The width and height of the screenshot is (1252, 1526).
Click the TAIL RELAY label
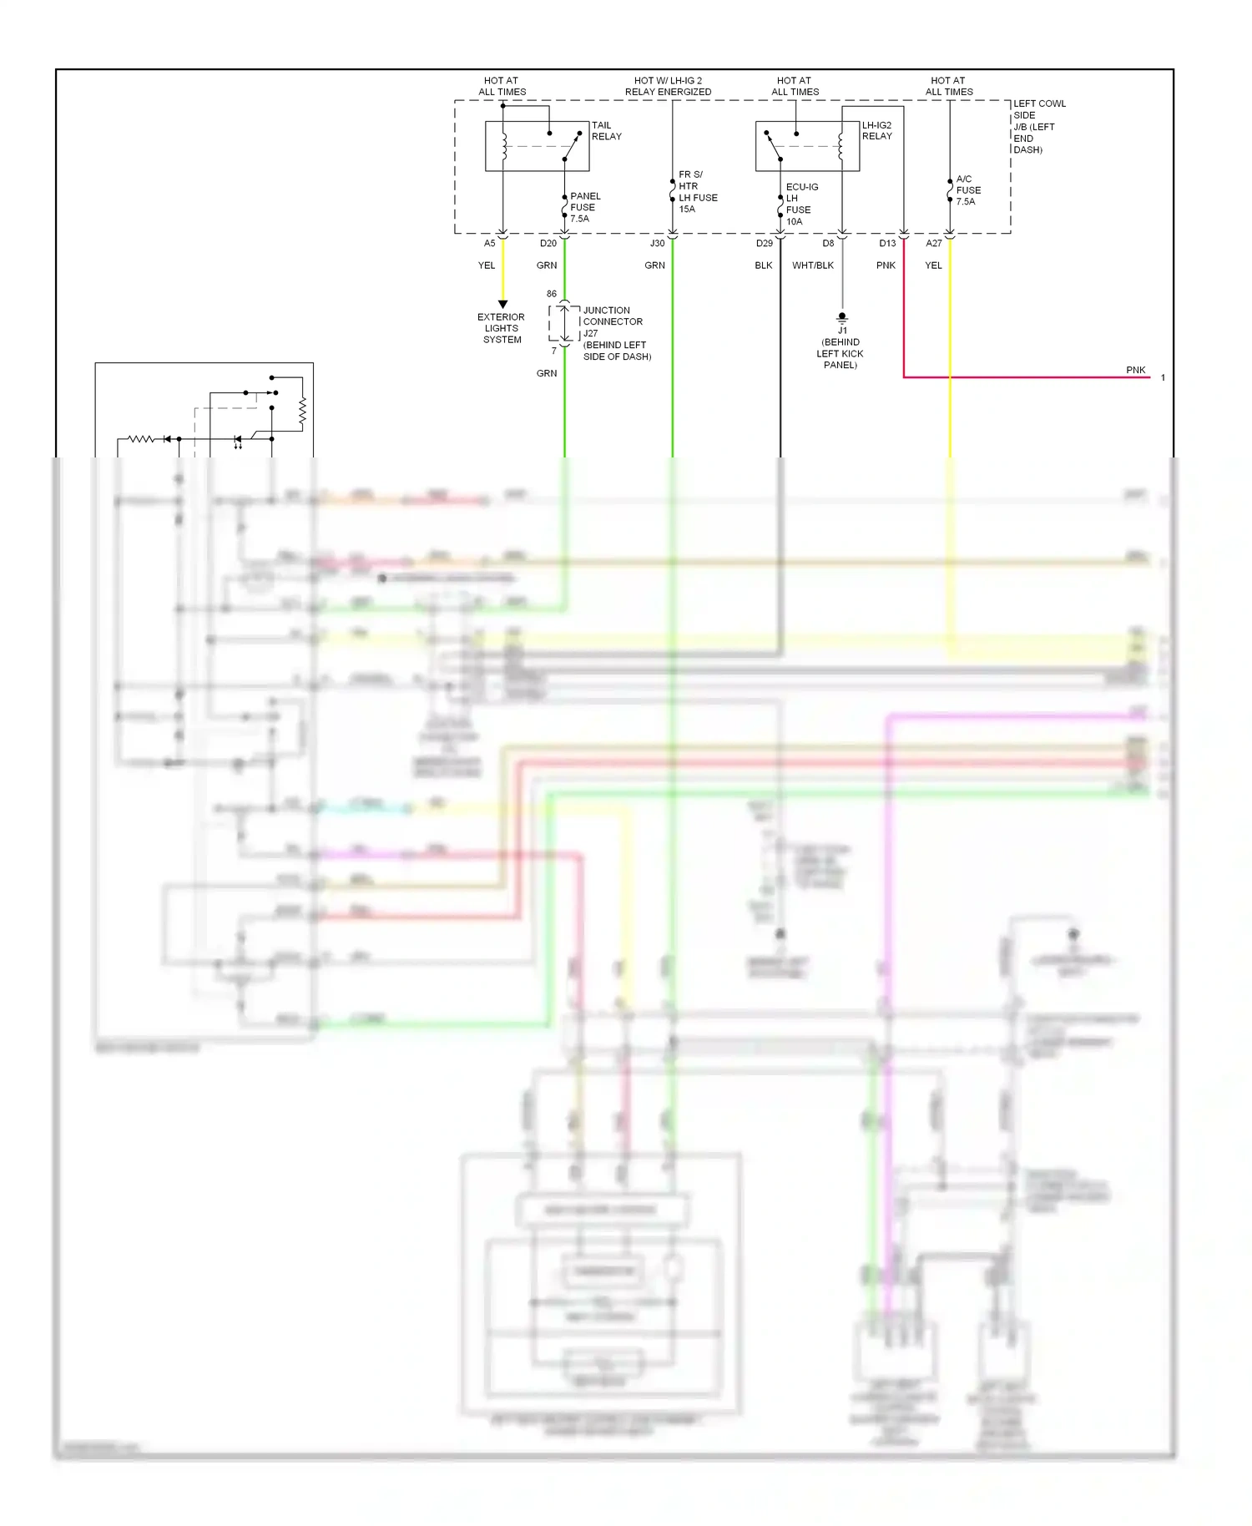606,131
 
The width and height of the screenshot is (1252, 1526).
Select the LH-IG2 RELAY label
876,131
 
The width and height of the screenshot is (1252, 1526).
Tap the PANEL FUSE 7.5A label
584,207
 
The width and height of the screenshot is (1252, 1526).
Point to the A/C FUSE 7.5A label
967,190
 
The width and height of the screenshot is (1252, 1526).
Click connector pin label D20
548,244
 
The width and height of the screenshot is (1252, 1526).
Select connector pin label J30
657,244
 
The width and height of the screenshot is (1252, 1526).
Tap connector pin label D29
764,244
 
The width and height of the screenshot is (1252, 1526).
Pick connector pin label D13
886,244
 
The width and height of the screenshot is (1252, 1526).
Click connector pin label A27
933,244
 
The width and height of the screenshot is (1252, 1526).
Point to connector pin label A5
489,244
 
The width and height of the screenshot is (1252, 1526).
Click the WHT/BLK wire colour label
812,265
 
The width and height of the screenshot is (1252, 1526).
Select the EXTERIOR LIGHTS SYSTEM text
501,328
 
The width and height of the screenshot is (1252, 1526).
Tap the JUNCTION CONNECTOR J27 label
613,321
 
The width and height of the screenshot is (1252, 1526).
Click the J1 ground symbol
842,318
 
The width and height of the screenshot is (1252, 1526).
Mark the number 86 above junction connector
551,294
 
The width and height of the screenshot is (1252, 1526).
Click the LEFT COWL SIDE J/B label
1038,126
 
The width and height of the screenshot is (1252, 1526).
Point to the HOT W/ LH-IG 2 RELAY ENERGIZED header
668,86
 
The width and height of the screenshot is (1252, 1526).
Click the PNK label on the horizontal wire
1135,370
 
